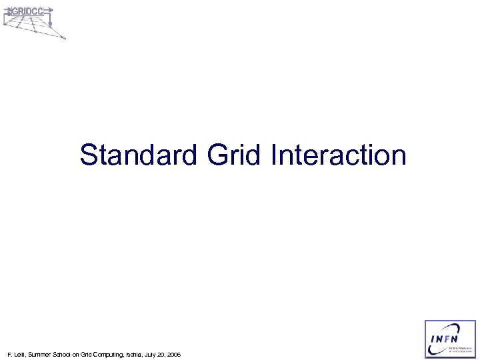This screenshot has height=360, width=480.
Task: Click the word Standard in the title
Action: pyautogui.click(x=139, y=155)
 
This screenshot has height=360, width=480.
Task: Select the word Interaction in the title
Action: pyautogui.click(x=339, y=155)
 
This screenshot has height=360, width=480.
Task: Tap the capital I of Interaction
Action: pyautogui.click(x=275, y=155)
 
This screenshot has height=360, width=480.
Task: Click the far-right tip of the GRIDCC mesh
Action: pyautogui.click(x=64, y=38)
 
